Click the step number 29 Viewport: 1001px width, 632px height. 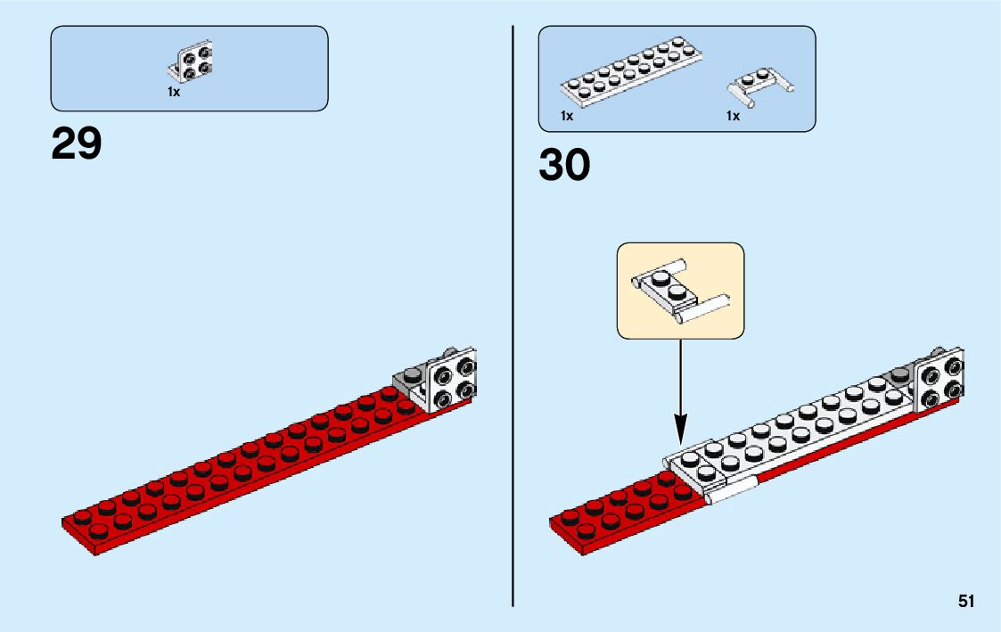coord(77,143)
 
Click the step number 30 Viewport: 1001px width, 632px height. coord(564,165)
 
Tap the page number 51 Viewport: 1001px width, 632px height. coord(966,602)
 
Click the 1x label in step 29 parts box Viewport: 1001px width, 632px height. coord(174,92)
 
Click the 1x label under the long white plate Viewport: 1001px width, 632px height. coord(567,116)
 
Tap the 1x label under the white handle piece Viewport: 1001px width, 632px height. coord(734,116)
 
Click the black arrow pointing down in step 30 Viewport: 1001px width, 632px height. coord(680,392)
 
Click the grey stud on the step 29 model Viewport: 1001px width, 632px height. coord(413,375)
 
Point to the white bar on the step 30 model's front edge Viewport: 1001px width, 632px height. coord(731,491)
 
